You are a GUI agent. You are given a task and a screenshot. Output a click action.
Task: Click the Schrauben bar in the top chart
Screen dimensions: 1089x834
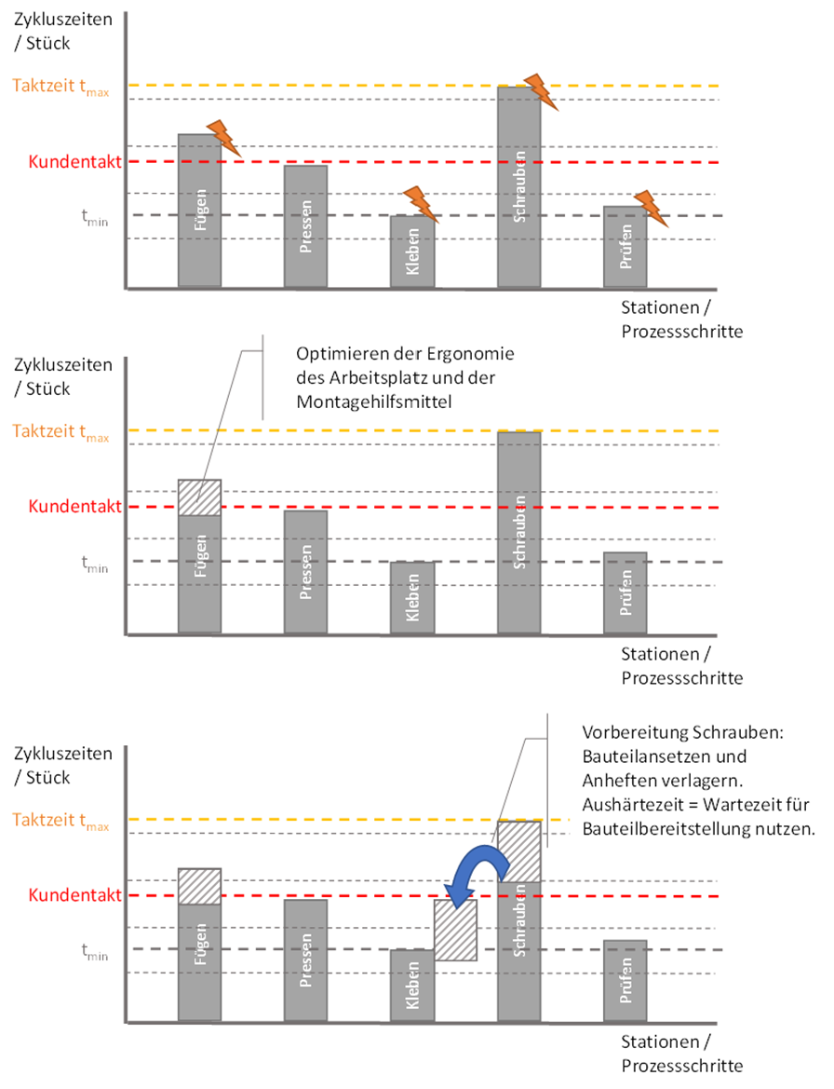[x=518, y=186]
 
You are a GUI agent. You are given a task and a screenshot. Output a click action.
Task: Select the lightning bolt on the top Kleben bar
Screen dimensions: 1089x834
[x=420, y=204]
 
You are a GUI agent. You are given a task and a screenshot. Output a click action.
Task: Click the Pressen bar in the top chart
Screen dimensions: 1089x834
[x=305, y=225]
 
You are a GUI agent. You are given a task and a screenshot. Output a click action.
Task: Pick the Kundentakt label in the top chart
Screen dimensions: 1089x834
[x=74, y=162]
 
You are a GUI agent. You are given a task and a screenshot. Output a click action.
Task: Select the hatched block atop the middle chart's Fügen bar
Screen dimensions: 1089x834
[x=199, y=497]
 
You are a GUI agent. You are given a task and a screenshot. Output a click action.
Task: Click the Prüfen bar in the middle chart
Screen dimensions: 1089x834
[x=625, y=593]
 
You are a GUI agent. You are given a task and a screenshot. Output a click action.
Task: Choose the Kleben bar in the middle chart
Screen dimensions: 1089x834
[x=411, y=598]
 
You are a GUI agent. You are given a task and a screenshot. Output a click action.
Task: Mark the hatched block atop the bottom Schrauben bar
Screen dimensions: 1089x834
[x=518, y=851]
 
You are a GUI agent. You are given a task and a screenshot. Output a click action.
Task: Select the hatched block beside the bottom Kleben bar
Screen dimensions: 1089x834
[x=456, y=930]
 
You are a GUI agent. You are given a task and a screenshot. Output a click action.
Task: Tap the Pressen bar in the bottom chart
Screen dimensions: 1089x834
[x=305, y=960]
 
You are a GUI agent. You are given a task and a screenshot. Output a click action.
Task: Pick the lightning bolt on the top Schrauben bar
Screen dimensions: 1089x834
[x=541, y=90]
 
